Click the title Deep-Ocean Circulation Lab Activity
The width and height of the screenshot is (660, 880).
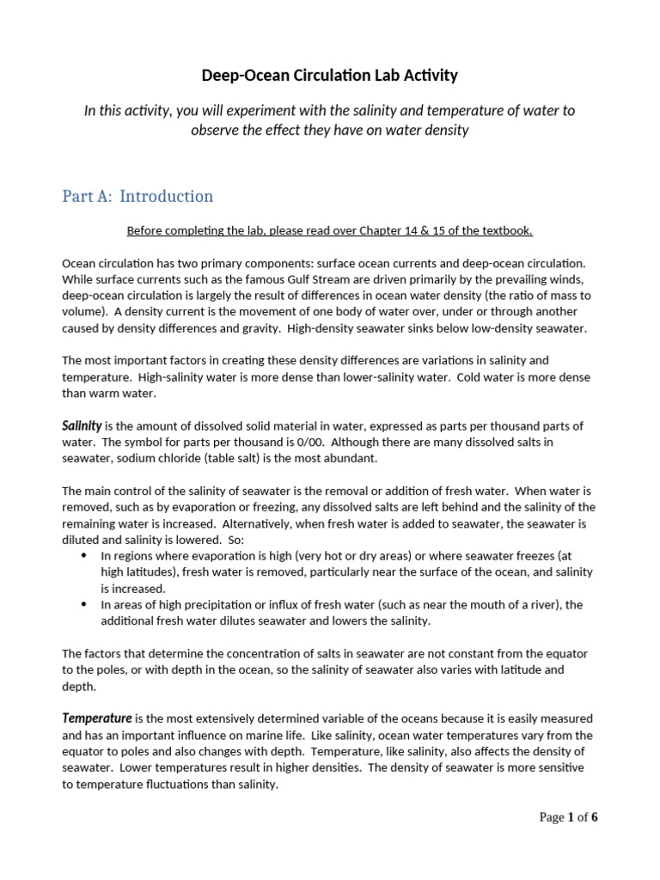[x=329, y=76]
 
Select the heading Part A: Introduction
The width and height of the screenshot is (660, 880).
[x=137, y=196]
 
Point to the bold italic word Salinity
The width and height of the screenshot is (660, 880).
[x=82, y=425]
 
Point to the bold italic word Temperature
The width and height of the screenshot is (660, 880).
[x=96, y=718]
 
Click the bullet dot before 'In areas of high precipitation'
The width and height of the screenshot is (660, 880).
[x=83, y=605]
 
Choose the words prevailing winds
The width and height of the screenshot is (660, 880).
[x=535, y=279]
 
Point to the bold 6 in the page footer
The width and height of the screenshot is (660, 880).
[x=594, y=817]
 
